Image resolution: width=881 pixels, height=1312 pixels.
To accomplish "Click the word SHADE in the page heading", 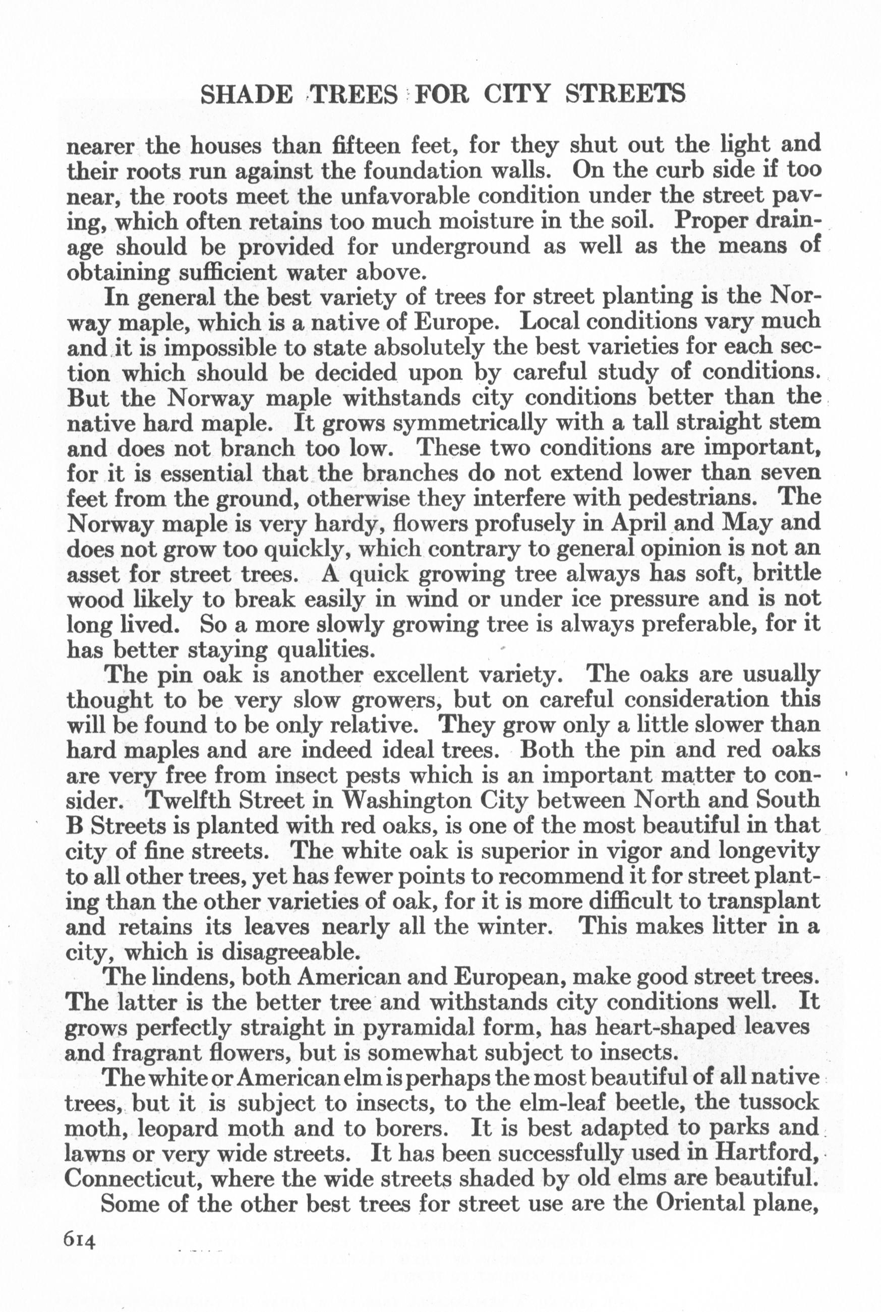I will tap(247, 94).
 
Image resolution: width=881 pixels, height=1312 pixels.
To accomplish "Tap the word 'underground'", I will tap(461, 247).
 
